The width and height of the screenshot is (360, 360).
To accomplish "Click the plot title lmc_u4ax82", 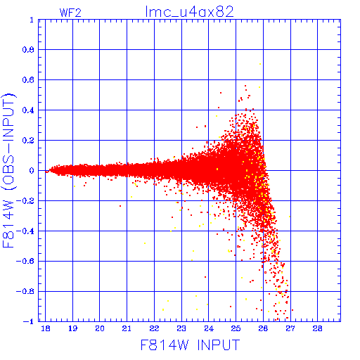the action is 189,12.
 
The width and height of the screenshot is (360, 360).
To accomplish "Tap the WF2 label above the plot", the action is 70,13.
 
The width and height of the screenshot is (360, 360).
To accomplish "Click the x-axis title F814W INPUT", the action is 190,345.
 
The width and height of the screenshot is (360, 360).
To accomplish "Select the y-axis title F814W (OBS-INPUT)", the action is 9,170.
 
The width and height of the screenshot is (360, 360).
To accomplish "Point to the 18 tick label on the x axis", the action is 46,328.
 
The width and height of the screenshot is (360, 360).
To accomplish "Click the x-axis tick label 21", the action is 127,328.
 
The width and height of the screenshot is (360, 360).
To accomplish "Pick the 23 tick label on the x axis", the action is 181,328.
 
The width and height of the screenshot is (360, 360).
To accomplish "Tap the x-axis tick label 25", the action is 236,328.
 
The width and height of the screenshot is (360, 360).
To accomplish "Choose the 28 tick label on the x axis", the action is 317,328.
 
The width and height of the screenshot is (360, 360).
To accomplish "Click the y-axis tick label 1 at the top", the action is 32,20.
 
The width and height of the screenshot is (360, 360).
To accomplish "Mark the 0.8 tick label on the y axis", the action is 28,50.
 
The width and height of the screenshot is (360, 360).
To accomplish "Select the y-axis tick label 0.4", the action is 28,110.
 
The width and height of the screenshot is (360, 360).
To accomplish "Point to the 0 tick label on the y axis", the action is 32,171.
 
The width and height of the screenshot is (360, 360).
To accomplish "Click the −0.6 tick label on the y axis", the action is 25,261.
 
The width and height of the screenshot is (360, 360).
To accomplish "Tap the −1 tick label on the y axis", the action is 29,321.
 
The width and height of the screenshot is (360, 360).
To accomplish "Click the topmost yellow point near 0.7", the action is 260,64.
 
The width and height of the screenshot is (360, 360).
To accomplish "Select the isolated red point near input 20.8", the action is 120,206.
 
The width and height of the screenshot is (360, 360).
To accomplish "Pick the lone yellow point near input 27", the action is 290,217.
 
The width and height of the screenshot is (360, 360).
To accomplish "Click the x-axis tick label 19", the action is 72,328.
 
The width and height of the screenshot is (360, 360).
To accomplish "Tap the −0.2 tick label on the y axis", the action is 25,201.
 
